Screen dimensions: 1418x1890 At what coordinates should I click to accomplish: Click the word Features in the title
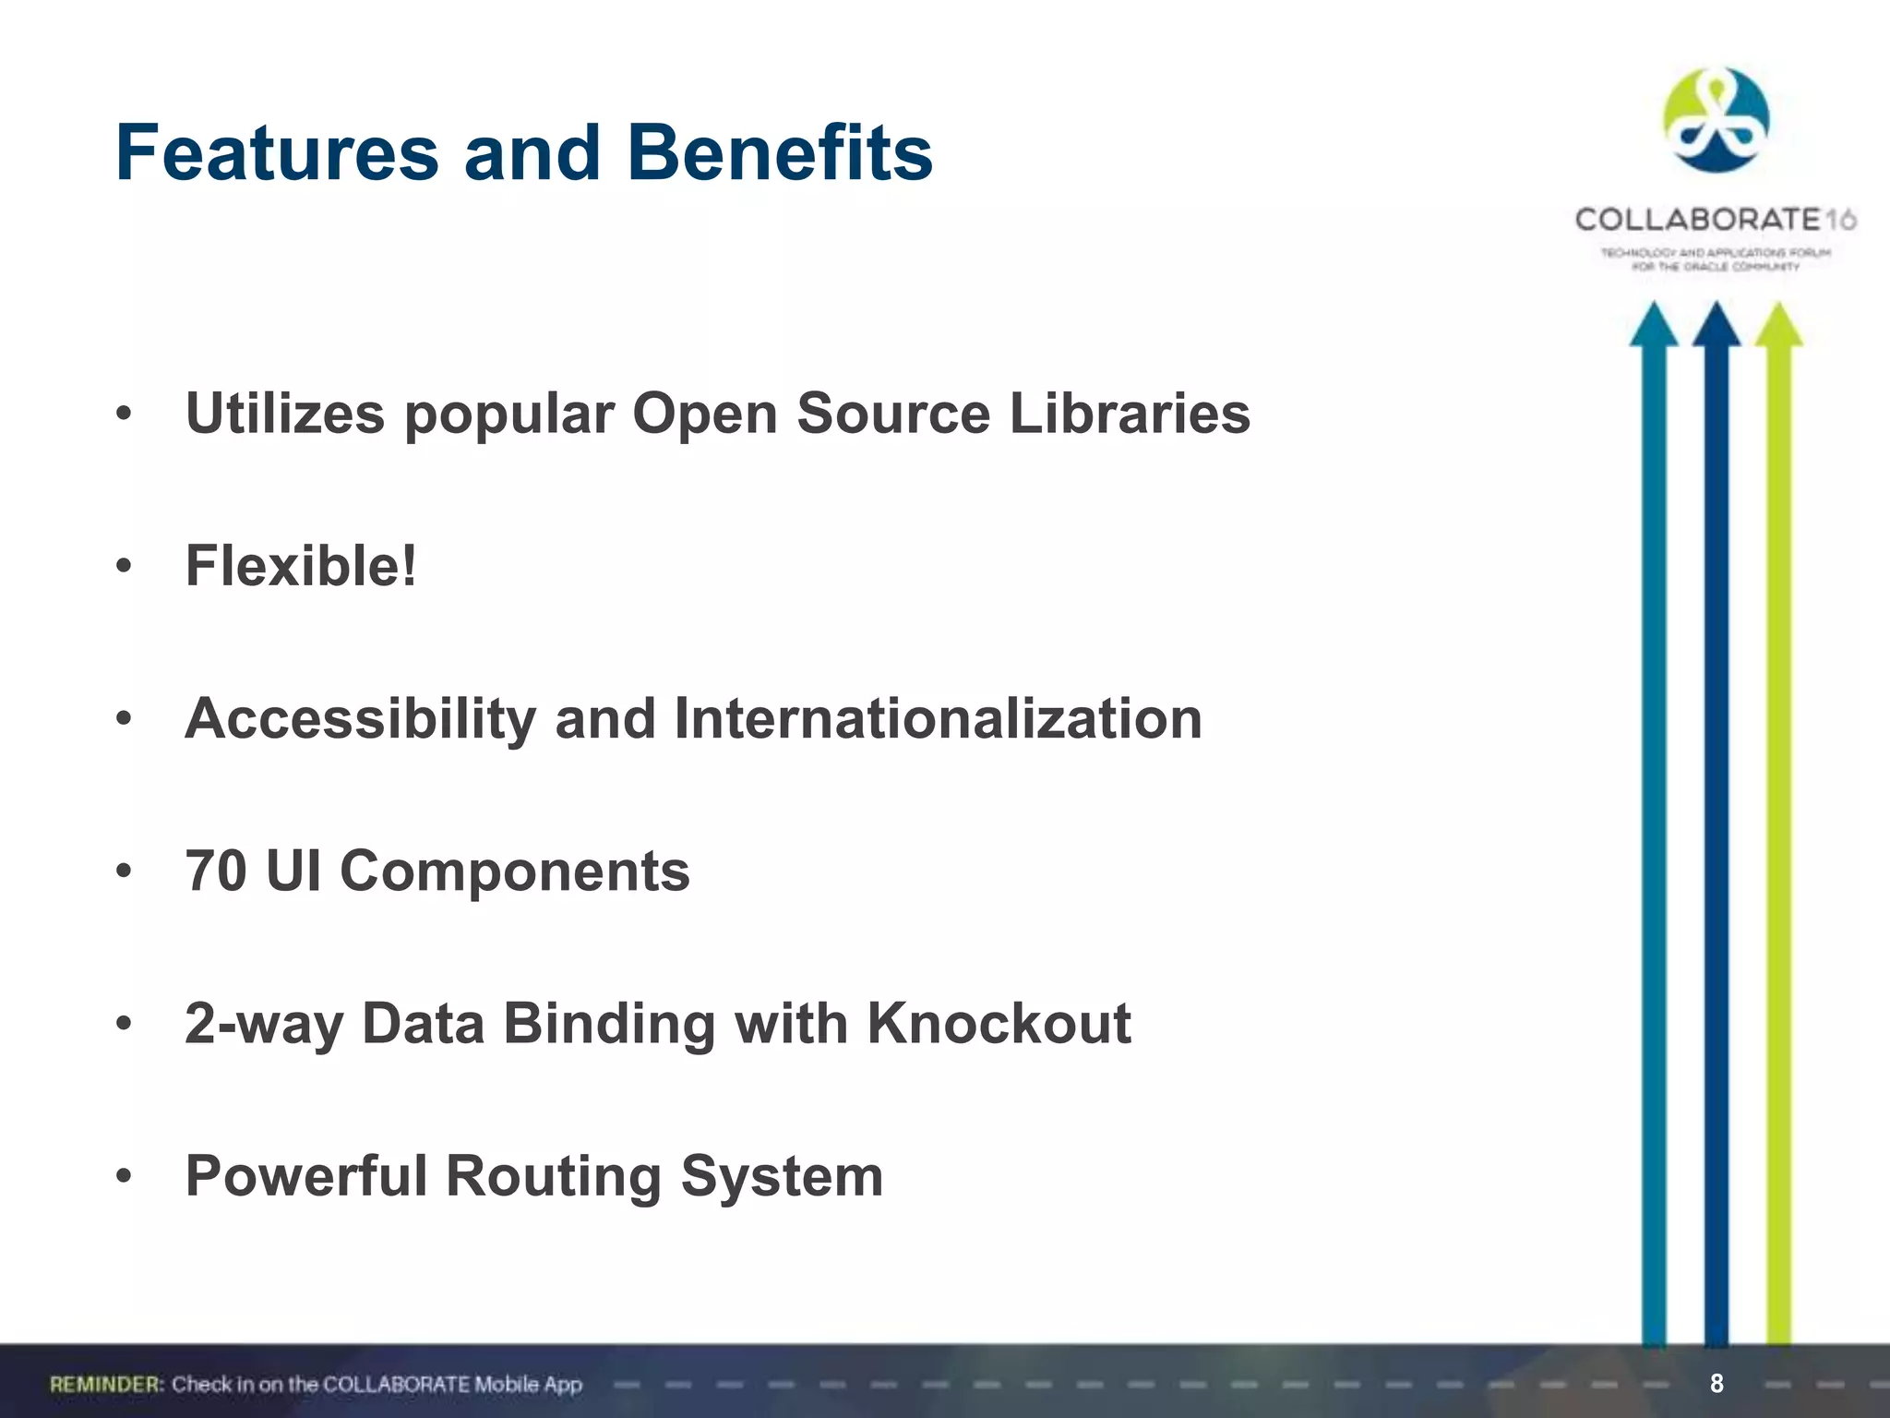(x=277, y=153)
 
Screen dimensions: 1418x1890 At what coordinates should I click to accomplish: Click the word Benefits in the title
(x=780, y=153)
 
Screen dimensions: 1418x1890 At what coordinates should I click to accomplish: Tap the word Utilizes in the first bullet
(x=285, y=413)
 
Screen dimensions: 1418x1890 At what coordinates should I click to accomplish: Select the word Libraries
(x=1130, y=413)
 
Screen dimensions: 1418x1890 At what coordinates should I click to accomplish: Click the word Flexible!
(x=301, y=565)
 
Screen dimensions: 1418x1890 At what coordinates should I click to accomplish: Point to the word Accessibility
(x=360, y=718)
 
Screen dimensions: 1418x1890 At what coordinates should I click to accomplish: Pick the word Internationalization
(x=938, y=718)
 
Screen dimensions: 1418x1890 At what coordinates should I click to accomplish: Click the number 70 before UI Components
(x=216, y=871)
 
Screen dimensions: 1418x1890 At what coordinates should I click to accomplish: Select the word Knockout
(x=999, y=1023)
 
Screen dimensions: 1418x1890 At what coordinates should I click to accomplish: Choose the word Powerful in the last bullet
(x=306, y=1176)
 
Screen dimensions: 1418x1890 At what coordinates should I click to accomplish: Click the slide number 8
(x=1717, y=1383)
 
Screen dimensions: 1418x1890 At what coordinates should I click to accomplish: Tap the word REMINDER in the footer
(x=106, y=1384)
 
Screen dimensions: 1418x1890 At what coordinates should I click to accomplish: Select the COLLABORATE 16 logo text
(x=1715, y=220)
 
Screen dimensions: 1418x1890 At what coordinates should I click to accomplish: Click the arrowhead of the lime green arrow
(x=1778, y=326)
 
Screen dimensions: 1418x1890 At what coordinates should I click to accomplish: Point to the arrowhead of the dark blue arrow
(x=1717, y=326)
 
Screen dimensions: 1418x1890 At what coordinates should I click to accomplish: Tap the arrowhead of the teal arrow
(x=1654, y=326)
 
